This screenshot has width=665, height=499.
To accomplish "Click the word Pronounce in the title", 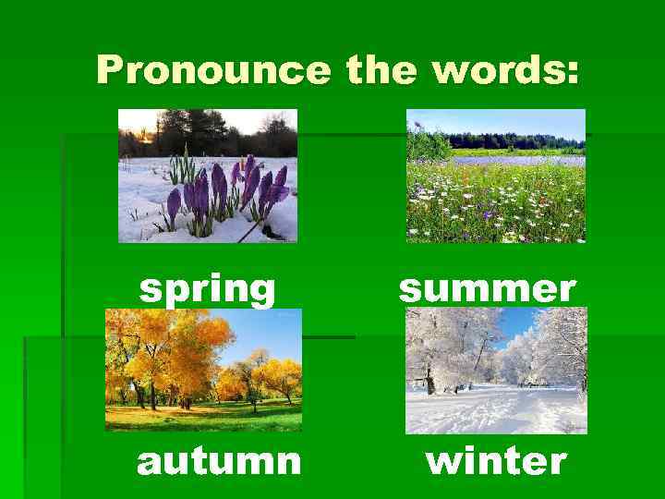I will [x=212, y=70].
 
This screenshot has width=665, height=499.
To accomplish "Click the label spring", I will [x=207, y=290].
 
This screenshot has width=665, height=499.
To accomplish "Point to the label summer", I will [x=487, y=289].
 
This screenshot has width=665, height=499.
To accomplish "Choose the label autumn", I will [x=219, y=460].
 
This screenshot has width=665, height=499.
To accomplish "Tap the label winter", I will [x=496, y=460].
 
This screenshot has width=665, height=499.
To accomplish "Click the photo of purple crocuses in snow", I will [x=208, y=176].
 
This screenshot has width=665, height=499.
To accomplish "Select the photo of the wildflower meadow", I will [x=496, y=176].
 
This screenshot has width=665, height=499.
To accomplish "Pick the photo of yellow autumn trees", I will [x=203, y=370].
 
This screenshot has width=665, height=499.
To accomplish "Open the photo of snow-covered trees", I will [x=496, y=371].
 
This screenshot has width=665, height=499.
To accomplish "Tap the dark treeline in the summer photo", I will [x=517, y=141].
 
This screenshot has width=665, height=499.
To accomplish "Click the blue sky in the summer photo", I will [x=499, y=120].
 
